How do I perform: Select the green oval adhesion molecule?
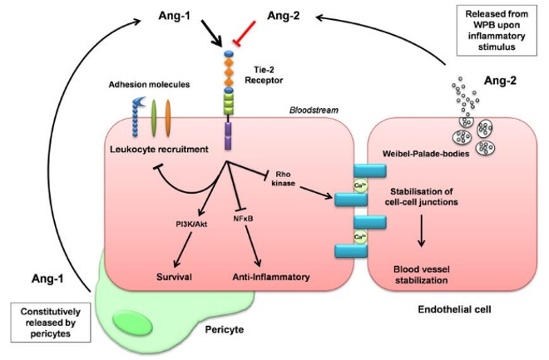[153, 116]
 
